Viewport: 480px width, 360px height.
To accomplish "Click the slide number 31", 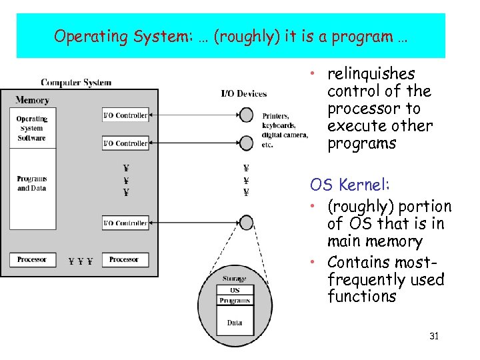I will click(x=434, y=336).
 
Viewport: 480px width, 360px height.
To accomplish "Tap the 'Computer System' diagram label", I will click(x=76, y=83).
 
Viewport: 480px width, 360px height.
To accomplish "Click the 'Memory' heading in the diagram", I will click(x=32, y=100).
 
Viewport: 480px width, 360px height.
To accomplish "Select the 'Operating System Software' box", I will click(x=31, y=129).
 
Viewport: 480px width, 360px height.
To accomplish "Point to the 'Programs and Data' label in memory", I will click(x=31, y=183).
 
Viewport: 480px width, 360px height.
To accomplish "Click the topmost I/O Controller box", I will click(x=125, y=115).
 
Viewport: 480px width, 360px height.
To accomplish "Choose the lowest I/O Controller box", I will click(x=125, y=223).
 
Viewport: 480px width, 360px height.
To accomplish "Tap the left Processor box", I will click(x=31, y=259).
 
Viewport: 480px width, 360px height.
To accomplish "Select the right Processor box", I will click(x=124, y=259).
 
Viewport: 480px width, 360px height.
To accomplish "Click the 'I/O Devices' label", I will click(x=244, y=93).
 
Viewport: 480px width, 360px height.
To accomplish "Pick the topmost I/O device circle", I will click(x=247, y=115).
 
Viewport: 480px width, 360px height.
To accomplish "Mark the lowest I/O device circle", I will click(x=247, y=222).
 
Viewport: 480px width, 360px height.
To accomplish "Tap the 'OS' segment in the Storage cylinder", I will click(x=235, y=290).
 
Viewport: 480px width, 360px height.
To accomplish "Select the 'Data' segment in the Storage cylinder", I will click(x=235, y=323).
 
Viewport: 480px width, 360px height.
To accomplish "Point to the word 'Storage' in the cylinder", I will click(x=235, y=279).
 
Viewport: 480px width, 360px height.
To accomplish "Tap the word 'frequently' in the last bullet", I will click(x=366, y=279).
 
